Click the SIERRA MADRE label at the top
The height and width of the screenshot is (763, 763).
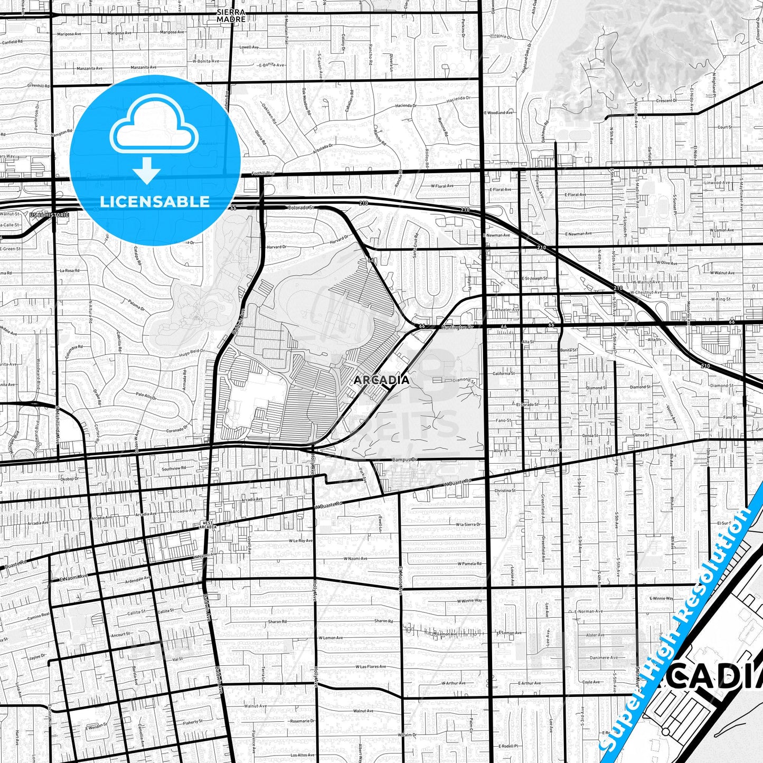tap(231, 15)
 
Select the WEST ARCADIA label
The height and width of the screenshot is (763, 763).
tap(209, 525)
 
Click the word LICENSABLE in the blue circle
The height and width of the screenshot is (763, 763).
tap(155, 201)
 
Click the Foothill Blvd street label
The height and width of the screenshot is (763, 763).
tap(262, 173)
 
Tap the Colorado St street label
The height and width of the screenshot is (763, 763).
tap(300, 208)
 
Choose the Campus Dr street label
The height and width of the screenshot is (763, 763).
tap(404, 459)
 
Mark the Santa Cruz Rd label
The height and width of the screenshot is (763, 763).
tap(415, 244)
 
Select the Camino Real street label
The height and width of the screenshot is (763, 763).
tap(39, 616)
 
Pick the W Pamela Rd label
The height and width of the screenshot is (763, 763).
tap(469, 563)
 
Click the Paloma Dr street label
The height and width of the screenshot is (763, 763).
tap(136, 305)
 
